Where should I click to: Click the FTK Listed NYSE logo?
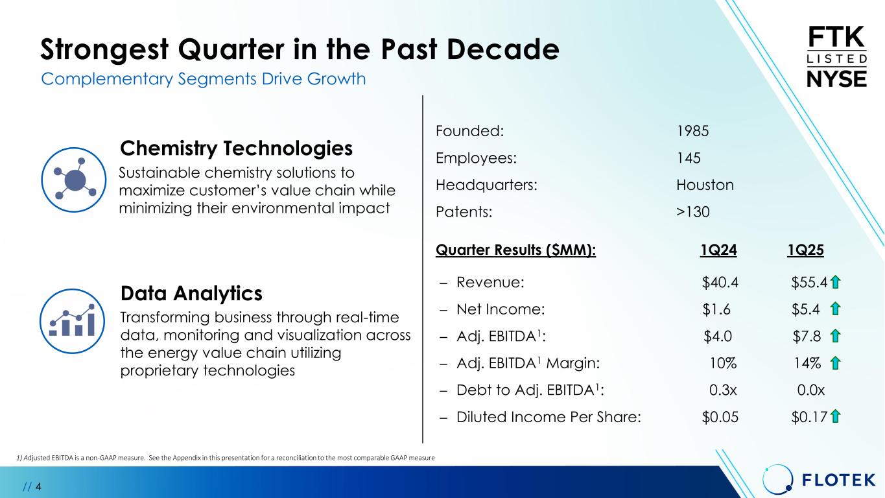click(837, 57)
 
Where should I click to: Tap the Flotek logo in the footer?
click(819, 479)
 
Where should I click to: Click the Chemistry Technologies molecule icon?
click(74, 180)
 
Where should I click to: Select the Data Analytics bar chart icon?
click(73, 321)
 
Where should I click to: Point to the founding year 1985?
click(692, 131)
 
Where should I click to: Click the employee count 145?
click(689, 158)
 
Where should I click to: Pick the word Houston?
click(705, 185)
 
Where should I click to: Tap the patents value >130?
click(692, 212)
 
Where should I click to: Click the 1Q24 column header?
click(718, 250)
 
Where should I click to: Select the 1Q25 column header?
click(805, 250)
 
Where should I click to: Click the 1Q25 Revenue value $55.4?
click(809, 283)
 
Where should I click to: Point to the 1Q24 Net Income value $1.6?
click(716, 309)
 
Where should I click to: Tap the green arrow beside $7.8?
click(835, 337)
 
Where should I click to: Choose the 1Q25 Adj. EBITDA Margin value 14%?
click(808, 363)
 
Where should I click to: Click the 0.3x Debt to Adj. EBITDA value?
click(723, 390)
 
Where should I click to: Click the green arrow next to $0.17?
click(835, 416)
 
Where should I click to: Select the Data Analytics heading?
click(191, 294)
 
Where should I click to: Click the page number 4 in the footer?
click(38, 486)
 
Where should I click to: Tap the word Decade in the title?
click(503, 49)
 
